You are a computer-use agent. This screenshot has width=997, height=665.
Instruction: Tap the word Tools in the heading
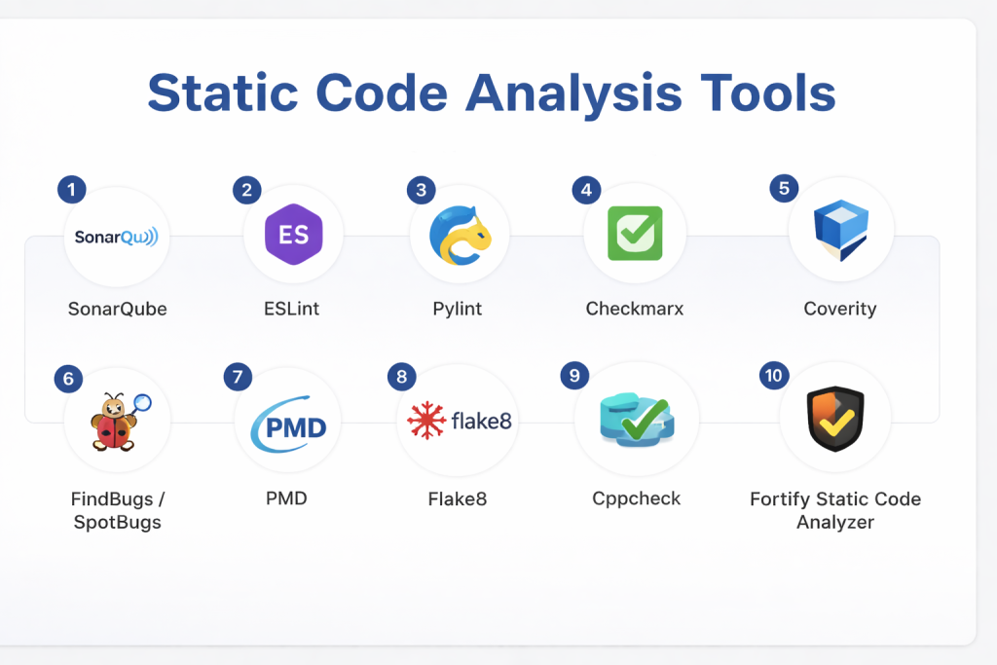[768, 92]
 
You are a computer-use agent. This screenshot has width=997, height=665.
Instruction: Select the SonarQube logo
[117, 238]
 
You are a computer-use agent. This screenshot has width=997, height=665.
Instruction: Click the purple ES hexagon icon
[294, 234]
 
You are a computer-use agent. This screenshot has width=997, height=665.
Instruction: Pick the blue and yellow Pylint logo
[460, 236]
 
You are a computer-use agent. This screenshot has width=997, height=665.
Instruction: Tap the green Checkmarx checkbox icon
[635, 234]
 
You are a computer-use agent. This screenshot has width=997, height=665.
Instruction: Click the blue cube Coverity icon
[840, 230]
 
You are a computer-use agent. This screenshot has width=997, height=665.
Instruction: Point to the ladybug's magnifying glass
[141, 403]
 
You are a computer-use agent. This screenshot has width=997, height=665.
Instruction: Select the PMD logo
[288, 425]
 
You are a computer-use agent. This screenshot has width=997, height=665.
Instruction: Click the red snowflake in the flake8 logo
[426, 421]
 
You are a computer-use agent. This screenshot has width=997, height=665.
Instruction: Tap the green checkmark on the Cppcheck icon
[646, 419]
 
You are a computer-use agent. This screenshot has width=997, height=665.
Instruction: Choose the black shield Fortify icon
[834, 419]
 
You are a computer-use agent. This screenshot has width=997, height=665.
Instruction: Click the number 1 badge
[72, 190]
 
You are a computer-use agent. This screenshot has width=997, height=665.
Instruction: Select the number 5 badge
[784, 188]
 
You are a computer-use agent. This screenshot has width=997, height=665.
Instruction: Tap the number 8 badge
[402, 377]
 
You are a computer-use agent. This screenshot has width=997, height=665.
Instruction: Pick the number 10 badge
[774, 375]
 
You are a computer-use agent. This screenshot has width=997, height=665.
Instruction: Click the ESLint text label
[291, 309]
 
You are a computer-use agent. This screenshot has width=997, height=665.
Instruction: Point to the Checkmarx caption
[635, 309]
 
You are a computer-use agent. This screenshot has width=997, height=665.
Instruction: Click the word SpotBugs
[118, 523]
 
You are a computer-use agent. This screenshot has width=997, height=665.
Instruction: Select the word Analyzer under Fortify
[835, 522]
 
